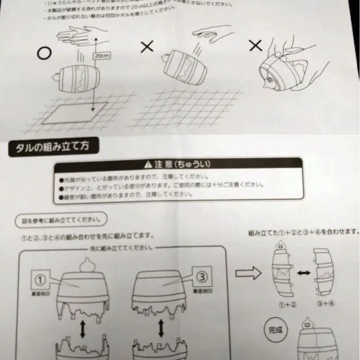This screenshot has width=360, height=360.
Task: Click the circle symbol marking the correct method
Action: pyautogui.click(x=44, y=53)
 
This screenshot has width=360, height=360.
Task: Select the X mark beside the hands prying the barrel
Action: pyautogui.click(x=255, y=45)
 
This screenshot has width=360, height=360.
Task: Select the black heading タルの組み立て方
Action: pyautogui.click(x=53, y=147)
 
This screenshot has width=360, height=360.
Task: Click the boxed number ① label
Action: pyautogui.click(x=41, y=279)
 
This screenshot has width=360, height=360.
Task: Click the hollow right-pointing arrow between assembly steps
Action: pyautogui.click(x=247, y=273)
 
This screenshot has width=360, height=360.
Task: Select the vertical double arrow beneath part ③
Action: pyautogui.click(x=161, y=328)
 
